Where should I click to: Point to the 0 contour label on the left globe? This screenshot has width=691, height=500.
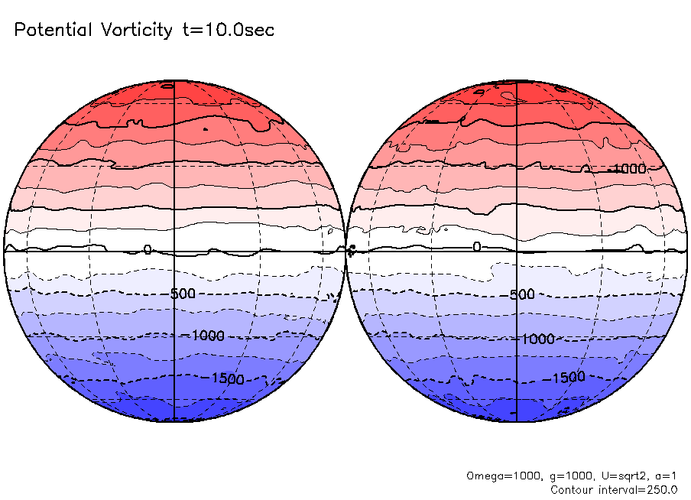coord(148,249)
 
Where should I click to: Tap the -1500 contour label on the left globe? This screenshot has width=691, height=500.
coord(226,378)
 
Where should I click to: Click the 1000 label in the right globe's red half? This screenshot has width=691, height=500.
coord(629,168)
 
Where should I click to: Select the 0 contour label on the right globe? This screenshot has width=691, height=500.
coord(476,246)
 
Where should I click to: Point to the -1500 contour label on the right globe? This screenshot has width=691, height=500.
coord(567,377)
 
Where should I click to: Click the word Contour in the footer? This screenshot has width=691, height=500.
coord(572,489)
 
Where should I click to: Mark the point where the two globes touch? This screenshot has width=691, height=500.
coord(345,250)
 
